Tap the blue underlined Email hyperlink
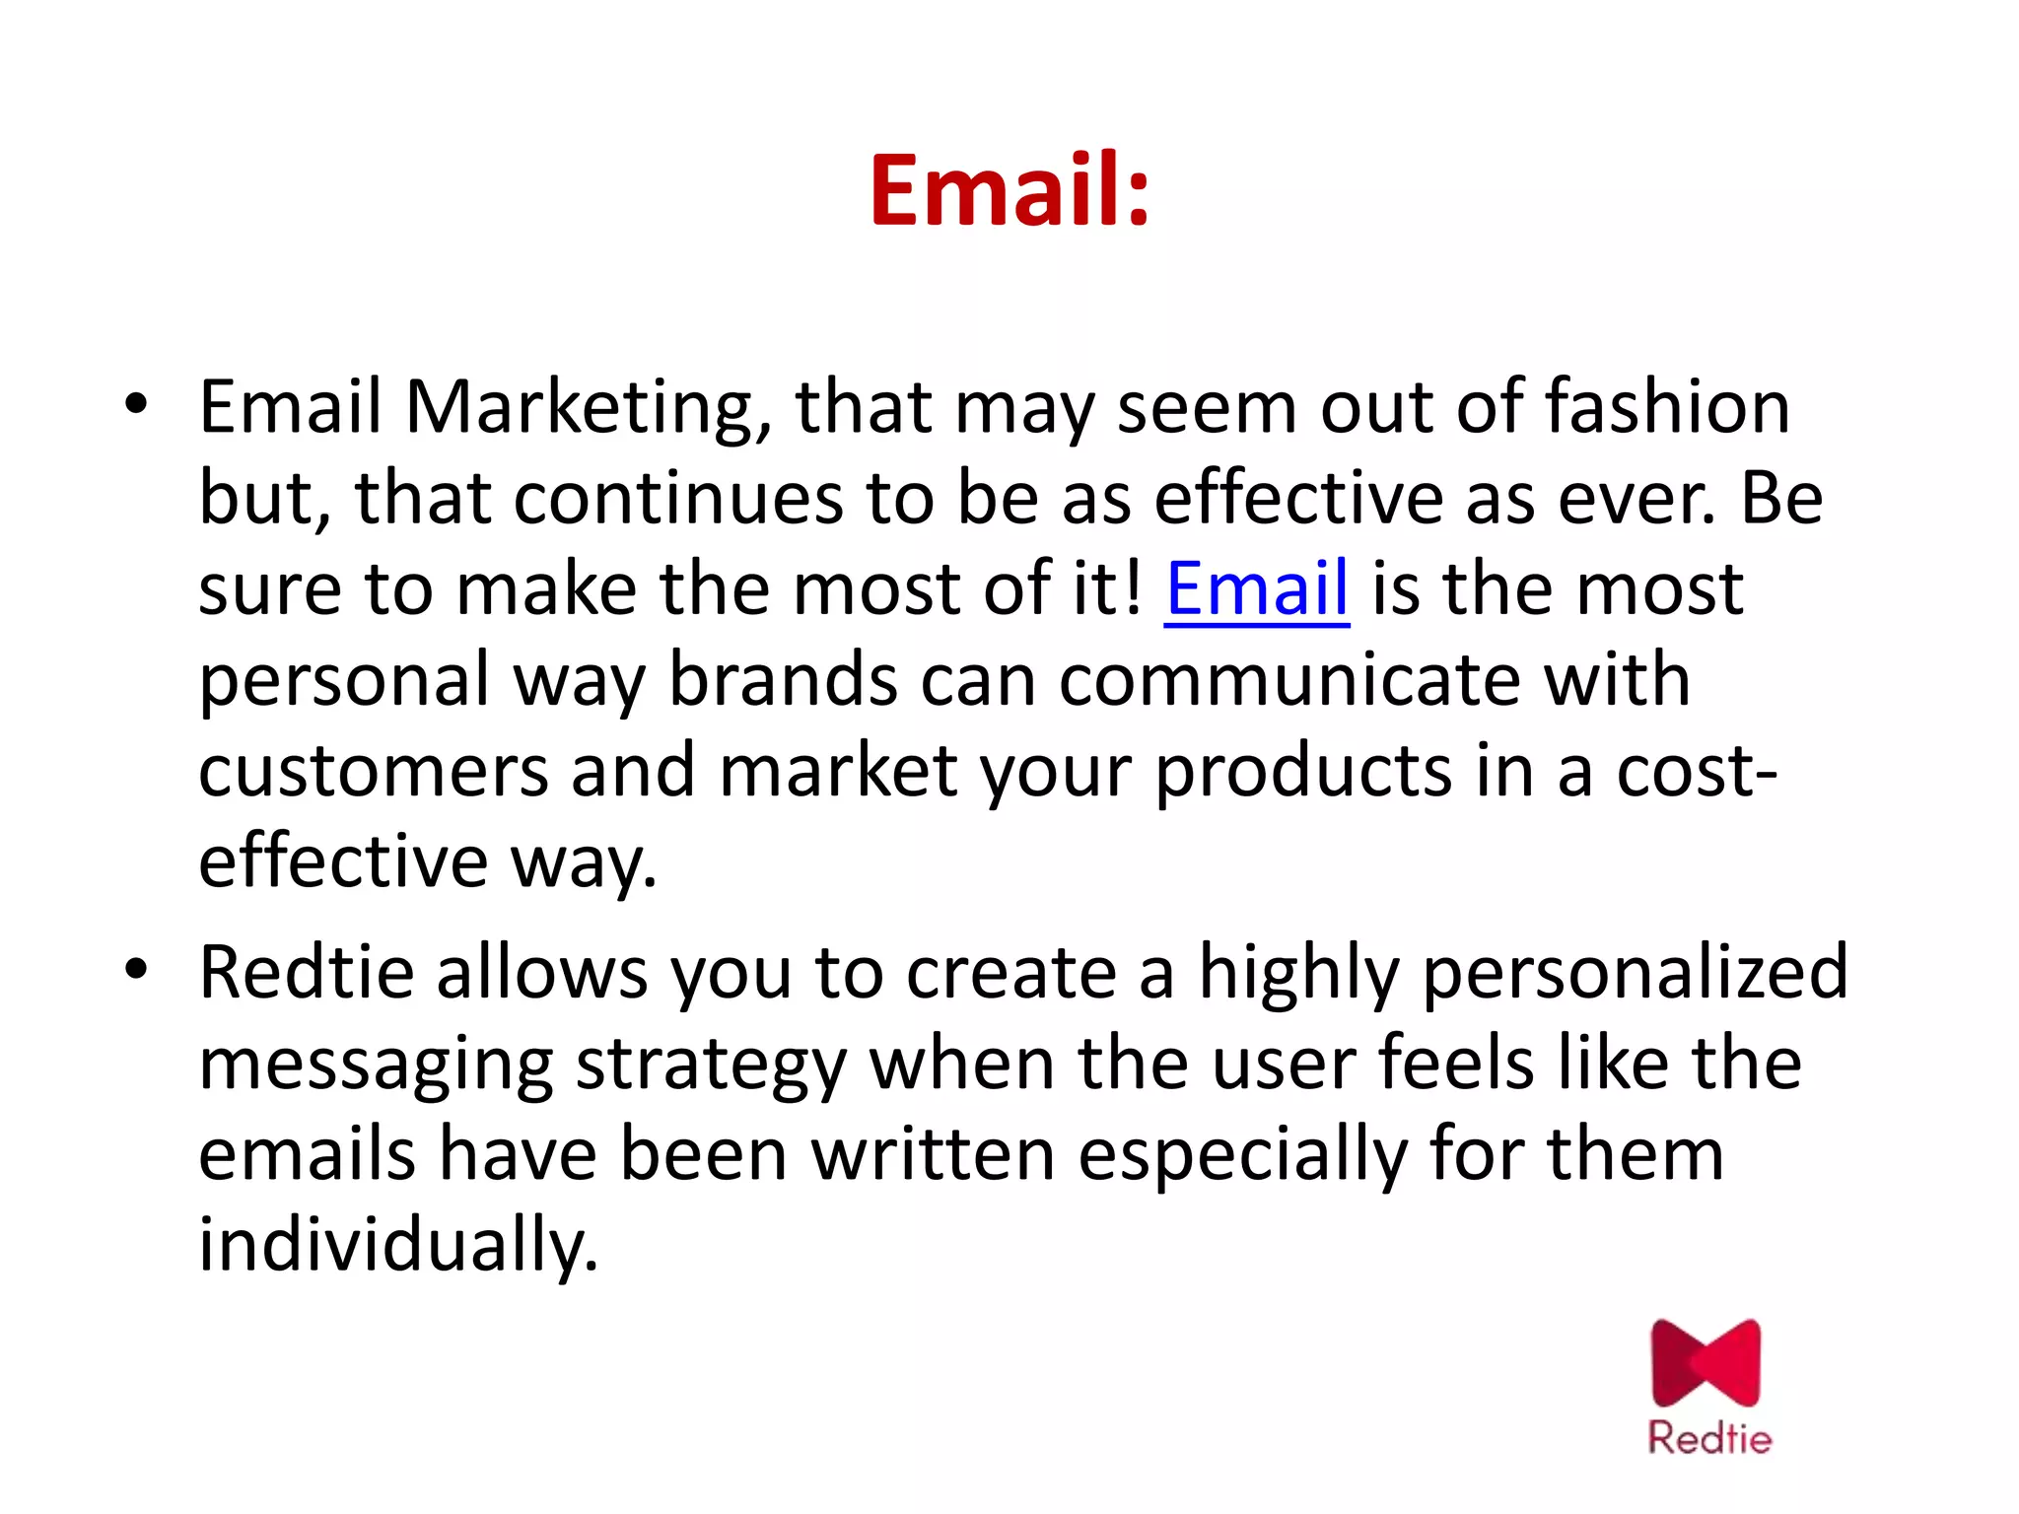[x=1256, y=589]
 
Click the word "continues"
[x=677, y=498]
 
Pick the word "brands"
[x=783, y=680]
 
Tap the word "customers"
[x=373, y=771]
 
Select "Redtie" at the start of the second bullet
[x=306, y=973]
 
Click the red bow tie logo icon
[x=1706, y=1363]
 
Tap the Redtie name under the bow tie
[x=1709, y=1438]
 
